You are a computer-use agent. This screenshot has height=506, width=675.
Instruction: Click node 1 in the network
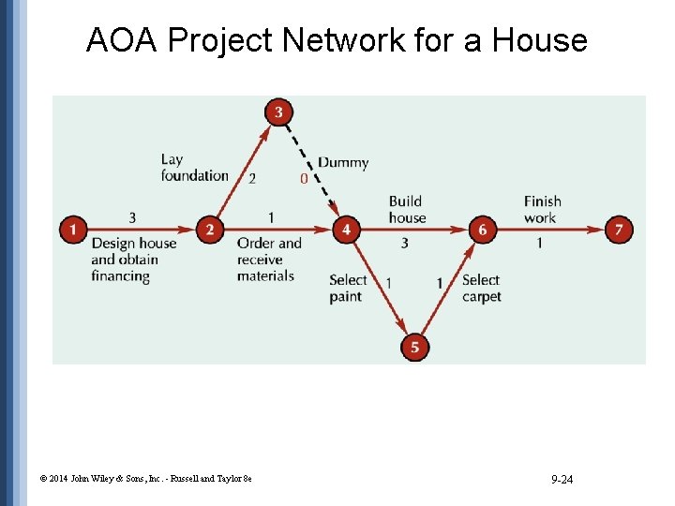pyautogui.click(x=73, y=229)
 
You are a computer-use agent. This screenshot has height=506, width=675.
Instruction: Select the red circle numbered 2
pyautogui.click(x=210, y=229)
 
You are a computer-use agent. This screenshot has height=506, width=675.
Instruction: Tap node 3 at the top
pyautogui.click(x=278, y=112)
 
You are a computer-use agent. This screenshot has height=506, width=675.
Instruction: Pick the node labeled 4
pyautogui.click(x=347, y=229)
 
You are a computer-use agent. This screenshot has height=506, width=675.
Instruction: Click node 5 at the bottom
pyautogui.click(x=414, y=348)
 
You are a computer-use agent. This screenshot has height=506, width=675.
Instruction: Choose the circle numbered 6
pyautogui.click(x=482, y=229)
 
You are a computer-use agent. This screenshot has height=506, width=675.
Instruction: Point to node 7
pyautogui.click(x=619, y=229)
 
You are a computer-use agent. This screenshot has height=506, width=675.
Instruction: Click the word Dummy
pyautogui.click(x=343, y=163)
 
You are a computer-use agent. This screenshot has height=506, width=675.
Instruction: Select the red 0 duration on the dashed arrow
pyautogui.click(x=303, y=178)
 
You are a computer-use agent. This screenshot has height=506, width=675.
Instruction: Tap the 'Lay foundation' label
pyautogui.click(x=194, y=168)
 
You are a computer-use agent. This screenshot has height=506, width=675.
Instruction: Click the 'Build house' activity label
pyautogui.click(x=407, y=210)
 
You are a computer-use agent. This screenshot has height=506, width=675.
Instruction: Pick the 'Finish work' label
pyautogui.click(x=542, y=210)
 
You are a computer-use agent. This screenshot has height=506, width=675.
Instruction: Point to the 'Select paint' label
pyautogui.click(x=348, y=288)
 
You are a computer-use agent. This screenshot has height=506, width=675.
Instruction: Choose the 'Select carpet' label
pyautogui.click(x=482, y=288)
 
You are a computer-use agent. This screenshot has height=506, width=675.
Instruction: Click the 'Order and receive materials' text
pyautogui.click(x=269, y=260)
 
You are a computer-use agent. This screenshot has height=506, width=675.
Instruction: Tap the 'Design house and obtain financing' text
pyautogui.click(x=133, y=260)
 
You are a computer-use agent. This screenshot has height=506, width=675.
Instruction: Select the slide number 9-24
pyautogui.click(x=562, y=480)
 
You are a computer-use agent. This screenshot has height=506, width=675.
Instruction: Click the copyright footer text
pyautogui.click(x=145, y=480)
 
